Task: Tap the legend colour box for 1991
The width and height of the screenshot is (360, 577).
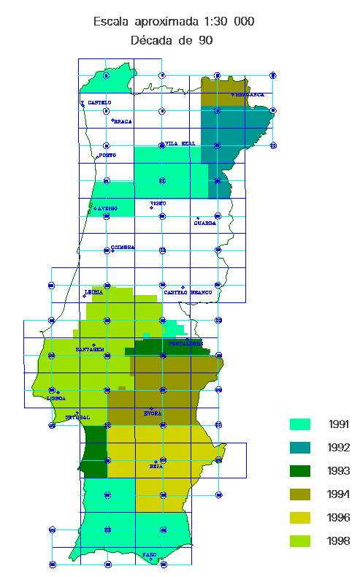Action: click(x=300, y=424)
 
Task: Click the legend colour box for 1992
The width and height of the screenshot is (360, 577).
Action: click(x=300, y=448)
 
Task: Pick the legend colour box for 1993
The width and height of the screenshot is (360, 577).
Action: click(x=300, y=471)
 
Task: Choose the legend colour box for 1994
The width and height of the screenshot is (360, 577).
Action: click(x=300, y=494)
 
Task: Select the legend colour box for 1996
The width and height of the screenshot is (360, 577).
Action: click(x=300, y=518)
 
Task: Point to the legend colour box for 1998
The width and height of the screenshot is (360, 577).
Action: click(x=300, y=541)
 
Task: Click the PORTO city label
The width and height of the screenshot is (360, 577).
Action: click(x=107, y=156)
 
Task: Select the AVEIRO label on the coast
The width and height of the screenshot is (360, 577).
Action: click(x=107, y=209)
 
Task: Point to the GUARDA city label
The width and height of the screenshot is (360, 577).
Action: click(x=204, y=223)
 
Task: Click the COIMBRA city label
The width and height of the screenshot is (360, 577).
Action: click(x=123, y=248)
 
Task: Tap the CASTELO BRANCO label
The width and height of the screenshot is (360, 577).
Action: click(x=188, y=293)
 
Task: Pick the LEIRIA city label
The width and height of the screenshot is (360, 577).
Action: click(x=93, y=292)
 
